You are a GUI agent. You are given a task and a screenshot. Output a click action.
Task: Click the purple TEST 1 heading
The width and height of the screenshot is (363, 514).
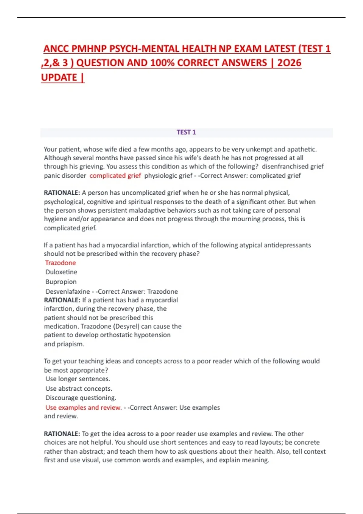[186, 132]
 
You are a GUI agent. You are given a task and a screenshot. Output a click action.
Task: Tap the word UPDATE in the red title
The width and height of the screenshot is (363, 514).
[59, 77]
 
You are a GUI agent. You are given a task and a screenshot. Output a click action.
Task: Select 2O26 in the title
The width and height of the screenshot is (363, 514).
[289, 63]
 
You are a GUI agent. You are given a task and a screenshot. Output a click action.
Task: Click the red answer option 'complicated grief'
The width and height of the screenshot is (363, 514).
[115, 175]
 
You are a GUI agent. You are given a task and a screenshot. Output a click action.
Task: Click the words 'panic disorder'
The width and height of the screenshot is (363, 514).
[65, 175]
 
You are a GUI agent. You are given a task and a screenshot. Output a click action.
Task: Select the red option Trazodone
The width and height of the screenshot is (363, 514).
[60, 263]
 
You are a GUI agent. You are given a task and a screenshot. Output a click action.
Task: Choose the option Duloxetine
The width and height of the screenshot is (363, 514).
[61, 272]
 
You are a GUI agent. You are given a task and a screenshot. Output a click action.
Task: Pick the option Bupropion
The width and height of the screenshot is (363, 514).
[61, 281]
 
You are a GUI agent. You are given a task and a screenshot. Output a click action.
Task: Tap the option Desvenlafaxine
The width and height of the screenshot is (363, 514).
[68, 291]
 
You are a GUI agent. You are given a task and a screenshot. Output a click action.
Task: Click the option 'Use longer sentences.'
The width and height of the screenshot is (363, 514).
[78, 379]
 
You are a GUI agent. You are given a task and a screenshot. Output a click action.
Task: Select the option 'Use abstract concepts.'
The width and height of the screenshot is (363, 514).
[79, 389]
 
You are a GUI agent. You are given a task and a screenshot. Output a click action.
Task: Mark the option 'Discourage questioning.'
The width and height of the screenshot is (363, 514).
[81, 398]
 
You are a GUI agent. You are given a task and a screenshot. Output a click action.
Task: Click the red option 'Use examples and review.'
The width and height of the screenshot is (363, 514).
[83, 407]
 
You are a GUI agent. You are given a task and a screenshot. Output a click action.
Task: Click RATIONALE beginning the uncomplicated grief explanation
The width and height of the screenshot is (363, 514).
[62, 193]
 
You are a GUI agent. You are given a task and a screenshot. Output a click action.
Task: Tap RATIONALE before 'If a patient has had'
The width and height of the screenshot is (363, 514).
[62, 300]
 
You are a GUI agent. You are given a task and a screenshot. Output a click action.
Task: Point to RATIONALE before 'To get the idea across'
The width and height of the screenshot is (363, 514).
[62, 434]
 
